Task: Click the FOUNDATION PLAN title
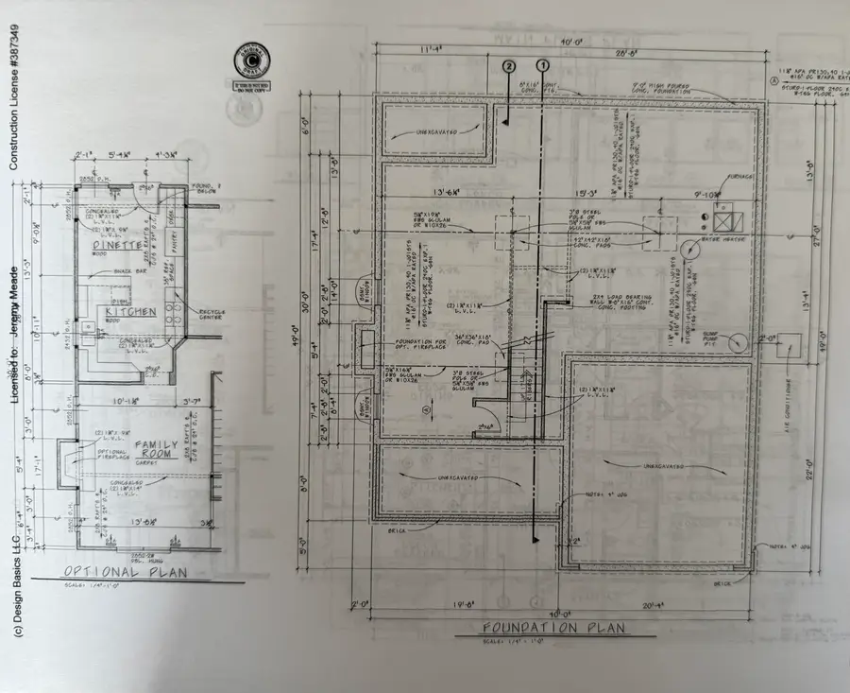[x=554, y=629]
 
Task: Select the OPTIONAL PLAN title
[x=125, y=573]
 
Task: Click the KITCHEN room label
[x=130, y=311]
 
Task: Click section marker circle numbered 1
[x=543, y=66]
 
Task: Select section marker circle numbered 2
[x=509, y=66]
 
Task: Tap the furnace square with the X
[x=725, y=219]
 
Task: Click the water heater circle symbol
[x=705, y=219]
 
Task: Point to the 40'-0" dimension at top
[x=569, y=43]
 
